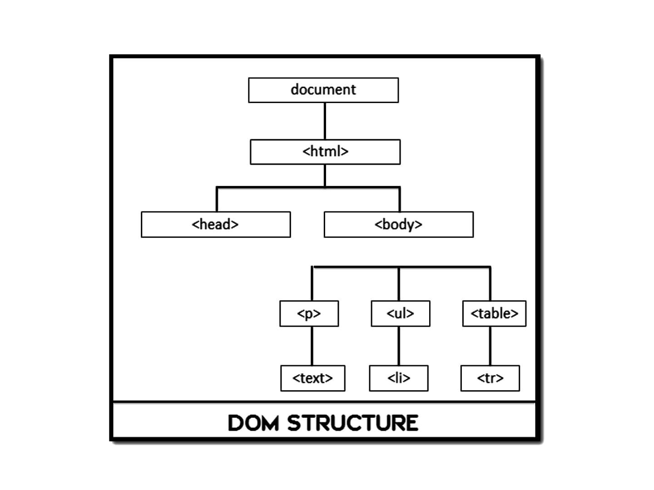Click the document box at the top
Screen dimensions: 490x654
[323, 90]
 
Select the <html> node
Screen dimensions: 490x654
[325, 152]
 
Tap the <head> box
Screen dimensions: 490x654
[216, 224]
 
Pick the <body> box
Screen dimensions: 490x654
[398, 224]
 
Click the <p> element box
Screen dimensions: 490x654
[309, 314]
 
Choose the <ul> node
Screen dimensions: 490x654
[400, 314]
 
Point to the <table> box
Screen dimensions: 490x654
[494, 314]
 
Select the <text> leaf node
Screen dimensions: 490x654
[312, 378]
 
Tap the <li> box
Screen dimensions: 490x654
[398, 378]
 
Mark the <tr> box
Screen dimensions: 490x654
[490, 378]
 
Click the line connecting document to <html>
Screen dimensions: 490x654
[325, 121]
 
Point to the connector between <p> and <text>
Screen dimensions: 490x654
[312, 346]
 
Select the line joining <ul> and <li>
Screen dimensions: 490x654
[399, 346]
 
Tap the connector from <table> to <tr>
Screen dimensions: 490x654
[490, 346]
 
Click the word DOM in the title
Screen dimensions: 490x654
[253, 423]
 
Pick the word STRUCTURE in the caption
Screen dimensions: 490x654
[352, 423]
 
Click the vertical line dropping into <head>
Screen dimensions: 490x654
[217, 200]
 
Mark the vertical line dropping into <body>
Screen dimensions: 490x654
[400, 200]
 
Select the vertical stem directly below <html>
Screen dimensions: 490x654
[325, 176]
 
